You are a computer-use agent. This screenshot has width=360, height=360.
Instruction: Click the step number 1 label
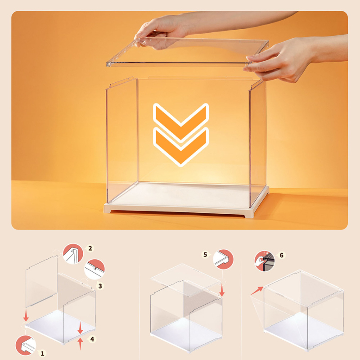coord(42,353)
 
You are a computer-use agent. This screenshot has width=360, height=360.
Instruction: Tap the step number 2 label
coord(90,248)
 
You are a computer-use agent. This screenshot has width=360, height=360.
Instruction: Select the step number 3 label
coord(100,286)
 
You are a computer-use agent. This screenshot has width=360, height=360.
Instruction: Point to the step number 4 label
coord(92,339)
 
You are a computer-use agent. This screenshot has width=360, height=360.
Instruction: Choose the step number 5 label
coord(205,255)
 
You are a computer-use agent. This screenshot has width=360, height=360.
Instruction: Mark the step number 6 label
coord(282,255)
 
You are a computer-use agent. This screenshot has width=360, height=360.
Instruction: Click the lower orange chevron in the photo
coord(181,146)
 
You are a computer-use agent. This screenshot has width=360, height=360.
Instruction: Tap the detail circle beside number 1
coord(26,345)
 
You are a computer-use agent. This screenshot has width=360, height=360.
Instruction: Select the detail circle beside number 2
coord(73,254)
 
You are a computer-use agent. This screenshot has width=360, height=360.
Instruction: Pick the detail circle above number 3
coord(94,269)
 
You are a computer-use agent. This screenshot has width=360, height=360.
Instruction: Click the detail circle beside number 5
coord(223,259)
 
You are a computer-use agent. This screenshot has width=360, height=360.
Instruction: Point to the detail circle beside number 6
coord(265,261)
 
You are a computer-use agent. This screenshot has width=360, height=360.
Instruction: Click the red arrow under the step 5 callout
coord(222,290)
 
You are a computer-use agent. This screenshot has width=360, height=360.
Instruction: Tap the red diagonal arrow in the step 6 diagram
coord(256,291)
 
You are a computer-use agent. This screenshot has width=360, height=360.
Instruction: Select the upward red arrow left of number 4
coord(80,344)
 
